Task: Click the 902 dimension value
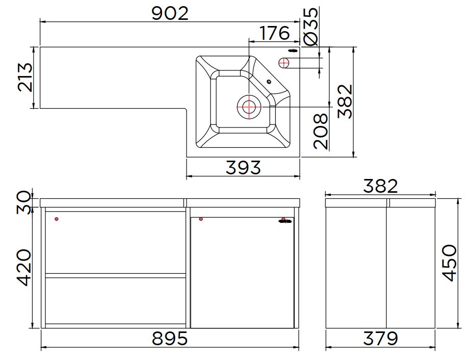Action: [170, 13]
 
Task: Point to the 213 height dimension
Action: [25, 77]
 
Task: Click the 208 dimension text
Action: [320, 131]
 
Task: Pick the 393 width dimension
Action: [243, 167]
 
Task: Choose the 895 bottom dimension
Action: [170, 338]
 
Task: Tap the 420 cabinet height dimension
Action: [24, 268]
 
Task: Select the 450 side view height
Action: [449, 263]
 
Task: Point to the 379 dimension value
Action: [380, 338]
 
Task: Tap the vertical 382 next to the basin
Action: [345, 101]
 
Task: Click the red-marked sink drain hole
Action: [249, 107]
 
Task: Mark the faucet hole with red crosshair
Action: [284, 63]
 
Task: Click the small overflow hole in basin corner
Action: [270, 81]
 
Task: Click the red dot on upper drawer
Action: [57, 219]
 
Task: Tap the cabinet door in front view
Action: [242, 273]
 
